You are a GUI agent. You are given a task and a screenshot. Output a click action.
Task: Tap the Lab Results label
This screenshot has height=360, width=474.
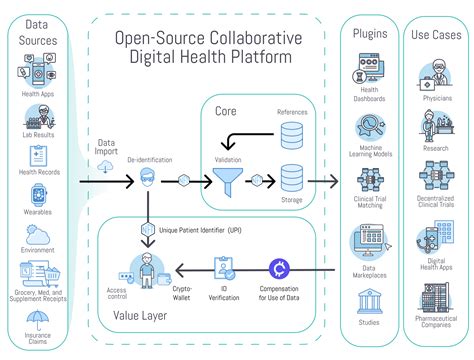pyautogui.click(x=38, y=133)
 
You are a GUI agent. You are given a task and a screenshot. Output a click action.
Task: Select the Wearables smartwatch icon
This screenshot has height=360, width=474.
pyautogui.click(x=38, y=196)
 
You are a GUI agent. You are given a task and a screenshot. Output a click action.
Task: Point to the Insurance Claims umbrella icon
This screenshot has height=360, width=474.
pyautogui.click(x=38, y=321)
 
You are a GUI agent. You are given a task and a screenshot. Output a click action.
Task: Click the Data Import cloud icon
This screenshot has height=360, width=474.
pyautogui.click(x=107, y=166)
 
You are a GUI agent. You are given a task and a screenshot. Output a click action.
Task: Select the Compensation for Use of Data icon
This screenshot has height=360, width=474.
pyautogui.click(x=281, y=267)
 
